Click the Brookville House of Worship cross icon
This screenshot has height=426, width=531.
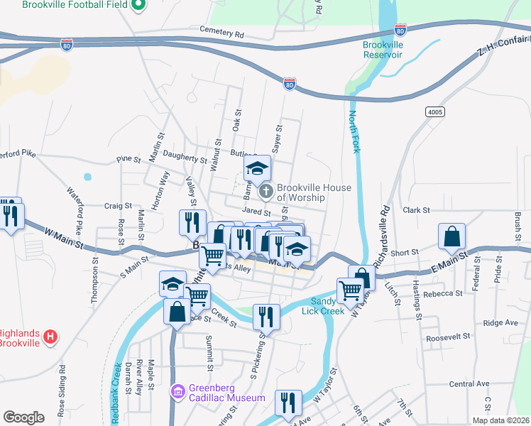pos(265,190)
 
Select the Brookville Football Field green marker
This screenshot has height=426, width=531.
pos(138,6)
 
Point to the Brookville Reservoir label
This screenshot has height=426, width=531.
pos(383,49)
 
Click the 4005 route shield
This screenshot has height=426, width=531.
pos(437,112)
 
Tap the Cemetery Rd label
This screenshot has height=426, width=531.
pos(221,33)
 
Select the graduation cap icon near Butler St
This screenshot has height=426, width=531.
pos(257,168)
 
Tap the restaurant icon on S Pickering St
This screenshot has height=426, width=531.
pos(266,316)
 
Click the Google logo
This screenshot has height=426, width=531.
pos(23,417)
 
